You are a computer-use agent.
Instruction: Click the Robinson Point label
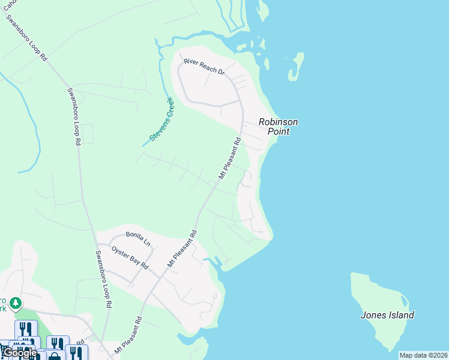278,127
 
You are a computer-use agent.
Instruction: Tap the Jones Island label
387,315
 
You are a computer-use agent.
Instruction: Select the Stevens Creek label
161,119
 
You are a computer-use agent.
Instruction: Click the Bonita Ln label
137,239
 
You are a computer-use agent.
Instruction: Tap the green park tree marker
16,304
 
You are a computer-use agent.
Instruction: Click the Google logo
20,353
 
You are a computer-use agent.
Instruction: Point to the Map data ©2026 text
423,355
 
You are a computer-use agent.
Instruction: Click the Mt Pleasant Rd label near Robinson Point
229,159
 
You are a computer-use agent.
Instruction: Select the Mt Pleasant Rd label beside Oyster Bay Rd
182,248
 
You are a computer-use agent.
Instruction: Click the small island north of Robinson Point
295,66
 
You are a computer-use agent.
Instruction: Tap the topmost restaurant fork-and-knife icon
26,329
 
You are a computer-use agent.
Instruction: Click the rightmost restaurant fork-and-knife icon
76,353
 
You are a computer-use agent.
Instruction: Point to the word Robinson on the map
278,122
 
